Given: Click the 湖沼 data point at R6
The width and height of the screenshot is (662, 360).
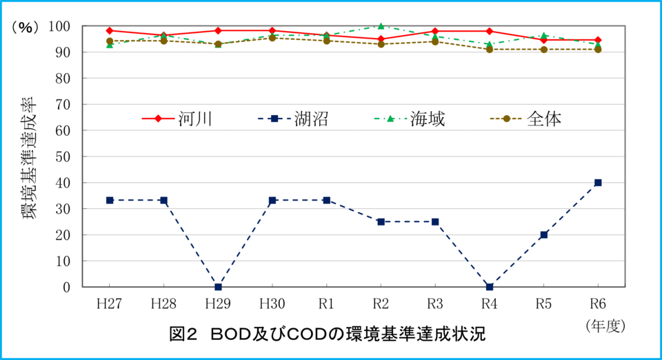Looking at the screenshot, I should tap(598, 183).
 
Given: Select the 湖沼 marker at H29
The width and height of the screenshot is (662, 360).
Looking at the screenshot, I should tap(218, 287).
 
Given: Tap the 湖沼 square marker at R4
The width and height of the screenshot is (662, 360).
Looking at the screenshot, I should tap(490, 287).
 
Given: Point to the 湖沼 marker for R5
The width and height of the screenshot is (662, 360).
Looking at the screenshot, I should tap(544, 234).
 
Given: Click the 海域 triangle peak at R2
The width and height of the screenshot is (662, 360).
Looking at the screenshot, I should tap(381, 26).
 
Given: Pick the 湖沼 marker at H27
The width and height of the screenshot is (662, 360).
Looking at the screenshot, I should tap(110, 200).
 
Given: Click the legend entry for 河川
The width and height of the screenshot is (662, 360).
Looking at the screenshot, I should tap(177, 119).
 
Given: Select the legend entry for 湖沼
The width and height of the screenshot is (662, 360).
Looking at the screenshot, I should tap(294, 119).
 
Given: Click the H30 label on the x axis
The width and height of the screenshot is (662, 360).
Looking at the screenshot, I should tap(272, 303).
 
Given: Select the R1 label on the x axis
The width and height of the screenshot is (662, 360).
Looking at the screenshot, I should tap(326, 303).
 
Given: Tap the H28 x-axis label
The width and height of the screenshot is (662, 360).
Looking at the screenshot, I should tap(163, 303).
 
